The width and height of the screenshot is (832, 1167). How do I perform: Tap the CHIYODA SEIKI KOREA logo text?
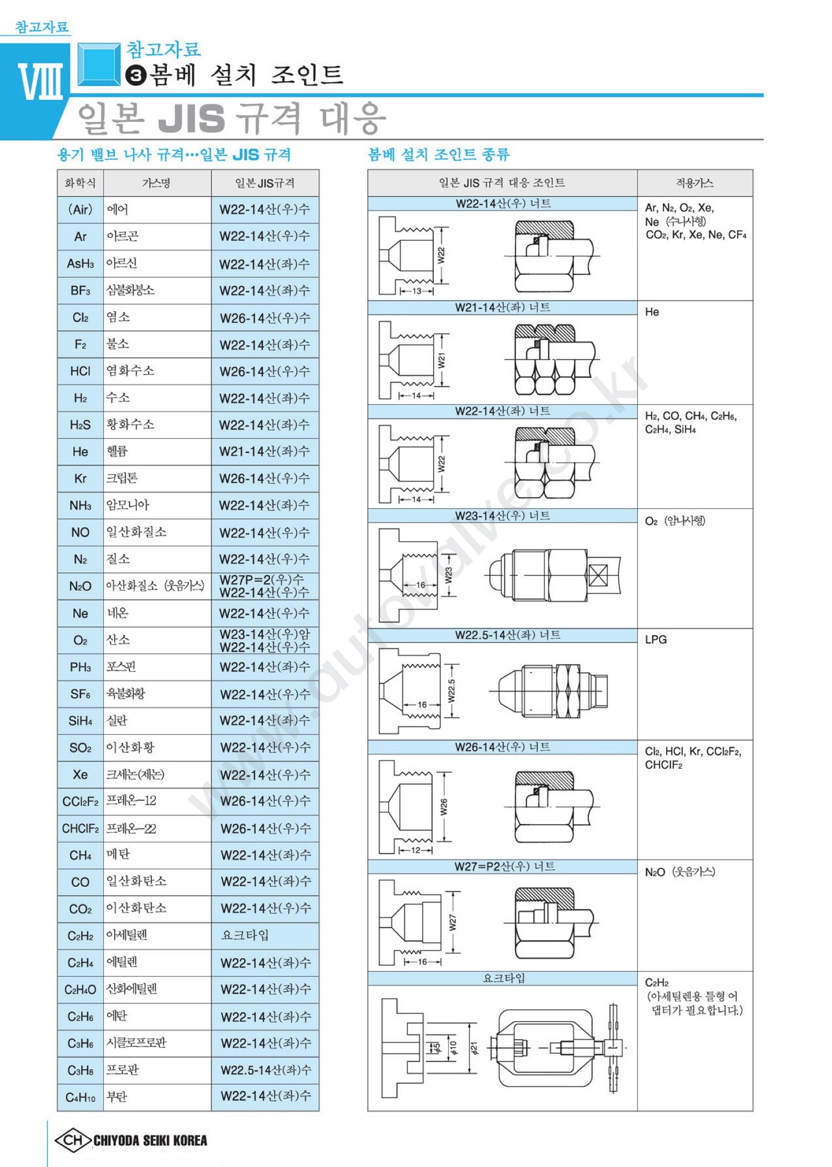(150, 1140)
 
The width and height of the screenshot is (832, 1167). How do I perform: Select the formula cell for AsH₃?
(80, 263)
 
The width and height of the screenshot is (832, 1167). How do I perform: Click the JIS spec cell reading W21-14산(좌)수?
(265, 451)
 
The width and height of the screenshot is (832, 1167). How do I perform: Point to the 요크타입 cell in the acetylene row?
(245, 935)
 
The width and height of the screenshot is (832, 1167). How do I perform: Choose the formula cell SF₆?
(80, 694)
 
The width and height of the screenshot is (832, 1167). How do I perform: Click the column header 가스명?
(156, 183)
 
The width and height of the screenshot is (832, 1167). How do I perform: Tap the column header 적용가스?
(694, 183)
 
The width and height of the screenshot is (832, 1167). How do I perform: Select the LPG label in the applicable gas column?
(656, 640)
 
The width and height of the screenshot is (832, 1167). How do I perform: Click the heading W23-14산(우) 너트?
(502, 516)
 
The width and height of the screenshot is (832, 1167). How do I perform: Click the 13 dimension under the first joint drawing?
(417, 291)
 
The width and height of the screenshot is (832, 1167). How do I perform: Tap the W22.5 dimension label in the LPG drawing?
(451, 691)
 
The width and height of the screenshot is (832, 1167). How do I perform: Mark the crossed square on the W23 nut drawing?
(598, 575)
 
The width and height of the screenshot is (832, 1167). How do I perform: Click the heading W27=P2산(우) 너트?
(504, 866)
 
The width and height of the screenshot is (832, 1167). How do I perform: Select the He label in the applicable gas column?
(652, 312)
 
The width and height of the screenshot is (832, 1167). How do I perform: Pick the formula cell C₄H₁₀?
(80, 1097)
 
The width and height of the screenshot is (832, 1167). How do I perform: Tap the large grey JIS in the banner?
(191, 118)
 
